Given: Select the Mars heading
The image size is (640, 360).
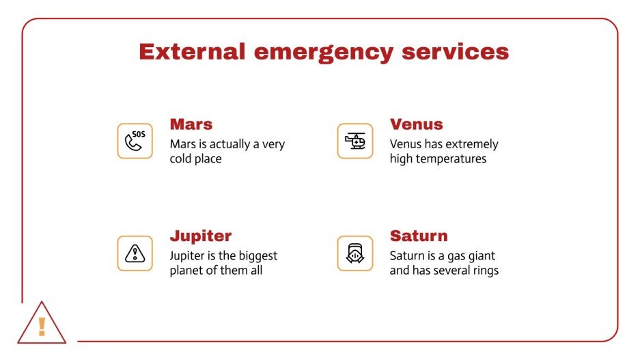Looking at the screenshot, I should click(x=191, y=124).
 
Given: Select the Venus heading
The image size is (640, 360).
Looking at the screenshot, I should click(x=416, y=124).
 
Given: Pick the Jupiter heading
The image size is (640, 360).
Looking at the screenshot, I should click(x=201, y=236).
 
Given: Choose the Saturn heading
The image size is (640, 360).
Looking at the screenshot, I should click(x=419, y=236).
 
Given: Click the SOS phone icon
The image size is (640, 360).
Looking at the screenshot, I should click(x=135, y=141).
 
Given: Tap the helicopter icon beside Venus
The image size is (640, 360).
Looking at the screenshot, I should click(x=355, y=141).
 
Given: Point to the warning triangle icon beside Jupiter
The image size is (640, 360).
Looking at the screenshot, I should click(x=135, y=253).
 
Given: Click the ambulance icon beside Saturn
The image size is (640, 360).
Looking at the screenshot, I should click(x=355, y=253).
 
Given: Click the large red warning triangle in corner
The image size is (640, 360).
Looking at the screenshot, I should click(x=42, y=324).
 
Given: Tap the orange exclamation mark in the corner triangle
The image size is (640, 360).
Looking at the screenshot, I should click(x=42, y=327).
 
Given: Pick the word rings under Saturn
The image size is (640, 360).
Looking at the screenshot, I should click(x=484, y=270).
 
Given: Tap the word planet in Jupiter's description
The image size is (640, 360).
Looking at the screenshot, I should click(x=188, y=270).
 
